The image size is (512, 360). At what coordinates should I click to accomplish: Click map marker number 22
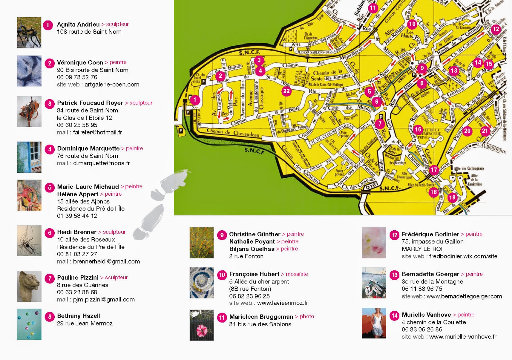coord(286,91)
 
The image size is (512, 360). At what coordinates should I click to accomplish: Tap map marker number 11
coord(373,8)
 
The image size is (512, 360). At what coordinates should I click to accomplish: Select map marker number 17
coord(434,170)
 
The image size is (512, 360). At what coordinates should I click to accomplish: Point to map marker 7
coord(380,124)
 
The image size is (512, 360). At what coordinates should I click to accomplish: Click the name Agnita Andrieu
coord(78,24)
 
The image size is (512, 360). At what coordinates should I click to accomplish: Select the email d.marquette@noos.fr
coord(101,163)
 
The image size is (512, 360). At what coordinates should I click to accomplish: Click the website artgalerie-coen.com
coord(112,85)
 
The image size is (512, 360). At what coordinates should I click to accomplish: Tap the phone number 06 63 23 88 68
coord(77,292)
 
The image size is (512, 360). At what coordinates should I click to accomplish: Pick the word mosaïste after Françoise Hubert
coord(297,274)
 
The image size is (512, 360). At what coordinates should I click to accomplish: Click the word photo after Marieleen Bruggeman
coord(307,316)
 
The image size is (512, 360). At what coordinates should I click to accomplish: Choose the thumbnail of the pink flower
coord(202,325)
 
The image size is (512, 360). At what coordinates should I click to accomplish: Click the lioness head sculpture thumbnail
coord(29,286)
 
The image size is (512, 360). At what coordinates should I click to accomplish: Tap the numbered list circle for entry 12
coord(395,235)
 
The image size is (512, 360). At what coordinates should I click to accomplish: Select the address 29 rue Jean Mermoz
coord(85,323)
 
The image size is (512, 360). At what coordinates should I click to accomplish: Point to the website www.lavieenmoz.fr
coord(283,303)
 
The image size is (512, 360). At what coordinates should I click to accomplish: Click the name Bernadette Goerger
coord(430,274)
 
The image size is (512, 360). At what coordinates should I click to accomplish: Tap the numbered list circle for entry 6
coord(50,233)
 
